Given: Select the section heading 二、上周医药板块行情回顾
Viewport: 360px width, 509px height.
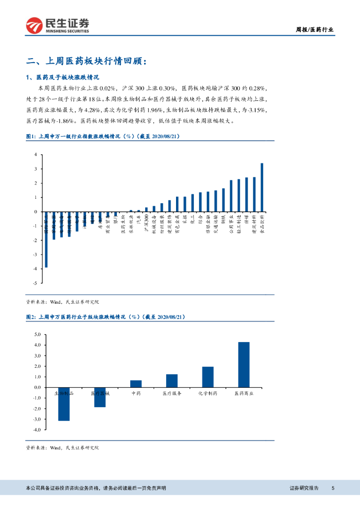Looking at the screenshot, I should click(x=87, y=61).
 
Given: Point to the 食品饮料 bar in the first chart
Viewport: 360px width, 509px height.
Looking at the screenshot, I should click(x=262, y=187).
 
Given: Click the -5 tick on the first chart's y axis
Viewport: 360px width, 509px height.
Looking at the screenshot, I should click(x=36, y=283).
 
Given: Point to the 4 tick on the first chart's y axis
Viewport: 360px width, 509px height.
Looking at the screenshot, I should click(x=36, y=155).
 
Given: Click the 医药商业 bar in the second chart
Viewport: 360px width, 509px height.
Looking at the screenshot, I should click(x=244, y=364).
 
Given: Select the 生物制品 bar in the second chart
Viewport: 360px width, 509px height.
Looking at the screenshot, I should click(x=64, y=404).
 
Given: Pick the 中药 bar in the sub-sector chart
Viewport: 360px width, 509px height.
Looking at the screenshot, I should click(x=136, y=384).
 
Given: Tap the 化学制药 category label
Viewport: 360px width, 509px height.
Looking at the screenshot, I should click(x=207, y=393).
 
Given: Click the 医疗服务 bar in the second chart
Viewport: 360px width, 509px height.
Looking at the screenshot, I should click(x=172, y=380).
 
